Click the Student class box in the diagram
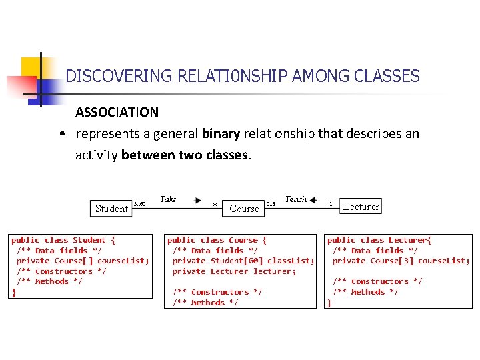point(111,208)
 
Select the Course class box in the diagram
point(243,208)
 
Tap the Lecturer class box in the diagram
point(361,207)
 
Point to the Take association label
point(168,199)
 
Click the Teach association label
point(295,199)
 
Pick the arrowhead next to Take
point(198,199)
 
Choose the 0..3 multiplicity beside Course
point(271,204)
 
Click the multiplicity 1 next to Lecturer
point(331,204)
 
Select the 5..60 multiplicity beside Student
point(139,204)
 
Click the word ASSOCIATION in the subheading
point(117,112)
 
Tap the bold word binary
point(220,133)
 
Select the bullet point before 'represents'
point(61,134)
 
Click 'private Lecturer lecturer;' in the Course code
point(233,271)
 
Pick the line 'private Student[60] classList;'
point(243,261)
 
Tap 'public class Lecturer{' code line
point(379,240)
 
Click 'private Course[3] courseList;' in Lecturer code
point(401,261)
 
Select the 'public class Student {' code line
point(63,240)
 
